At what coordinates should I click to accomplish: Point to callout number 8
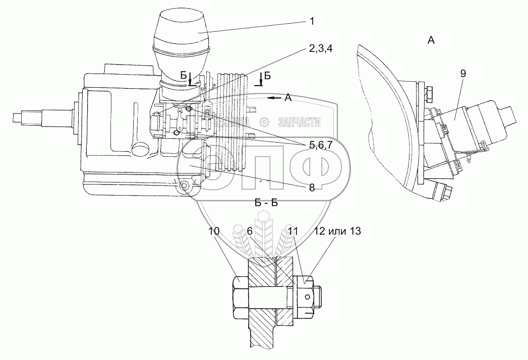pyautogui.click(x=312, y=188)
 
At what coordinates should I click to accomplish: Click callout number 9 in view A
pyautogui.click(x=462, y=74)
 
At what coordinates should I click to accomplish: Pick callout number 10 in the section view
pyautogui.click(x=213, y=231)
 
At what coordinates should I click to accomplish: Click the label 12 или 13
pyautogui.click(x=337, y=231)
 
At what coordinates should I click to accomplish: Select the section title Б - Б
pyautogui.click(x=267, y=203)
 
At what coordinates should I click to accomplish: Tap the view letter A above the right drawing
pyautogui.click(x=431, y=41)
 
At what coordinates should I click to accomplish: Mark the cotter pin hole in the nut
pyautogui.click(x=307, y=296)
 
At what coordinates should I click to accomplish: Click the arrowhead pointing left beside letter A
pyautogui.click(x=272, y=98)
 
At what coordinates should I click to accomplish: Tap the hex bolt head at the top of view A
pyautogui.click(x=432, y=94)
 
